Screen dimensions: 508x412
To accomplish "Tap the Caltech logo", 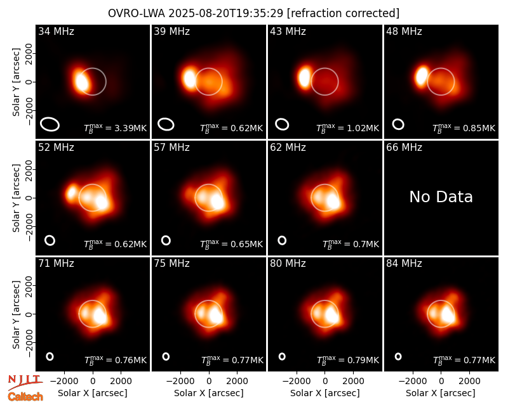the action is (25, 397).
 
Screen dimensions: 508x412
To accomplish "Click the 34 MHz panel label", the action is (56, 31).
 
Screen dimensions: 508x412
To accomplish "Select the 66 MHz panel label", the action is (404, 148).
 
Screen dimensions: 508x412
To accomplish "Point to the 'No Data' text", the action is (441, 196).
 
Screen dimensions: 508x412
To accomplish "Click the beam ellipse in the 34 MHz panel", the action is (50, 124).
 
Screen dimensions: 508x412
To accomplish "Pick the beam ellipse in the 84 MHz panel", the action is (398, 356).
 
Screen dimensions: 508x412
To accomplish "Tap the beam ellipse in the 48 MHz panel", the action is (398, 124).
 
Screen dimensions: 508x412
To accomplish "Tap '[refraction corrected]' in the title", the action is (343, 13).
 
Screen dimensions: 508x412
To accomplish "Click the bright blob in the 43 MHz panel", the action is (305, 77).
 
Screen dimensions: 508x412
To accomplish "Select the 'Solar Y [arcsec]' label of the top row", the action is (16, 82).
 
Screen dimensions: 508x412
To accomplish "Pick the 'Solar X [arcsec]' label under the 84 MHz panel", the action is (441, 393).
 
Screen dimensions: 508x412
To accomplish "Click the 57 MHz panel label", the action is (171, 148).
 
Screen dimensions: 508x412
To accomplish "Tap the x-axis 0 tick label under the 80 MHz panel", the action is (325, 382).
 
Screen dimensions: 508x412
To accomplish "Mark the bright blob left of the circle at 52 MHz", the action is (72, 193).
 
